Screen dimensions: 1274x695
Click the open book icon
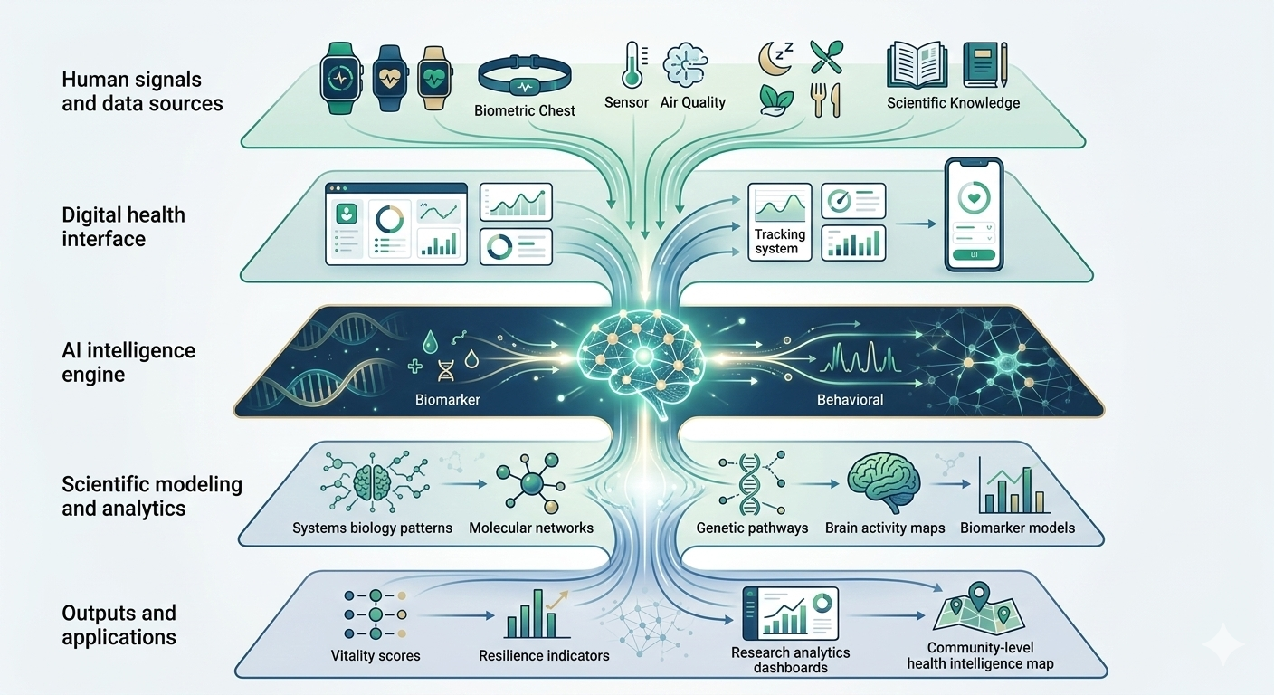916,64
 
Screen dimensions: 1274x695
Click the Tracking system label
779,242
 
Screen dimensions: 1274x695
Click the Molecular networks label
531,528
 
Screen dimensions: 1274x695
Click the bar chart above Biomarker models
1014,486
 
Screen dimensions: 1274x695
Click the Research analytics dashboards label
790,660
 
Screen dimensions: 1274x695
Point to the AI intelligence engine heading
128,362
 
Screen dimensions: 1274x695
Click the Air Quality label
692,102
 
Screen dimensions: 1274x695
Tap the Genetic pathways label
752,528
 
